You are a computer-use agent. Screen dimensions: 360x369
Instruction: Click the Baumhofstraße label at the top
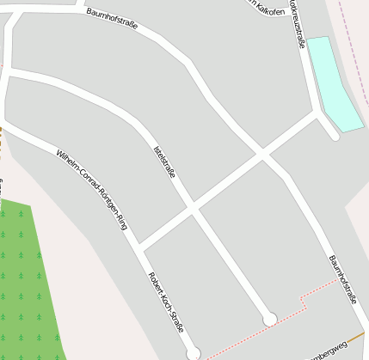[112, 20]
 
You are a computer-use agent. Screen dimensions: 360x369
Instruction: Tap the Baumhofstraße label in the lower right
[342, 279]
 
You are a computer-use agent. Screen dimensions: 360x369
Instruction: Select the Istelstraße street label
[164, 162]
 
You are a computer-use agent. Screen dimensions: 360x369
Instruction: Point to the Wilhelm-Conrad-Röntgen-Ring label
[91, 189]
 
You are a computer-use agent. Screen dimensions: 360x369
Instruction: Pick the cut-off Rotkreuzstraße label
[298, 21]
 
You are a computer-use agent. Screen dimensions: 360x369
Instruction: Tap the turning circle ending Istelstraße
[269, 320]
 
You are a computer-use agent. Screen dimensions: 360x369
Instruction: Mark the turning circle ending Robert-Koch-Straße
[193, 353]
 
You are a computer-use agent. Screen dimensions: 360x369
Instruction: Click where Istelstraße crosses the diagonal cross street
[193, 208]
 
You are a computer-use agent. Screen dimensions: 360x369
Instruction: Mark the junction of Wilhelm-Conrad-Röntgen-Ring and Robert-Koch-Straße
[138, 249]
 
